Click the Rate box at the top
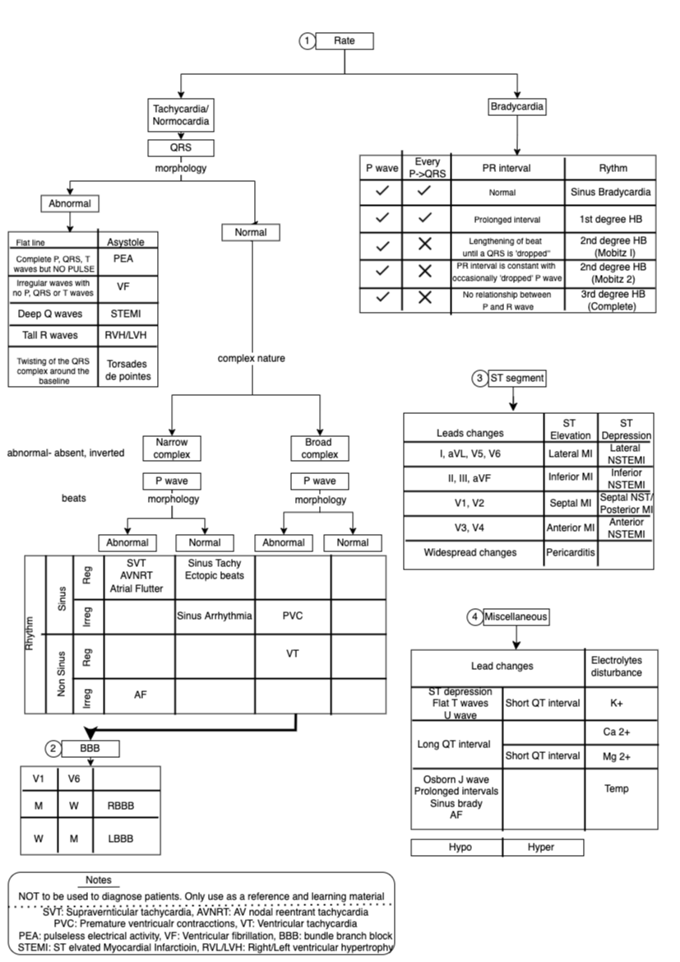tap(345, 40)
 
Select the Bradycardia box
tap(517, 106)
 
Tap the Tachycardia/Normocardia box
tap(180, 114)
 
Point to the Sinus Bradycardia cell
tap(610, 192)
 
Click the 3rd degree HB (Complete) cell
tap(610, 300)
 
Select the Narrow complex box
tap(172, 448)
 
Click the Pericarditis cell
tap(570, 552)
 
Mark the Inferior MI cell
tap(570, 478)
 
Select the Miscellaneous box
tap(516, 616)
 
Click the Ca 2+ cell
tap(621, 732)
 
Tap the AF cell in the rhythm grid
tap(140, 695)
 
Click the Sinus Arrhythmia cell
tap(214, 615)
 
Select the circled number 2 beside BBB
tap(53, 748)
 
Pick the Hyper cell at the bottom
tap(540, 847)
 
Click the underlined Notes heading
tap(103, 880)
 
